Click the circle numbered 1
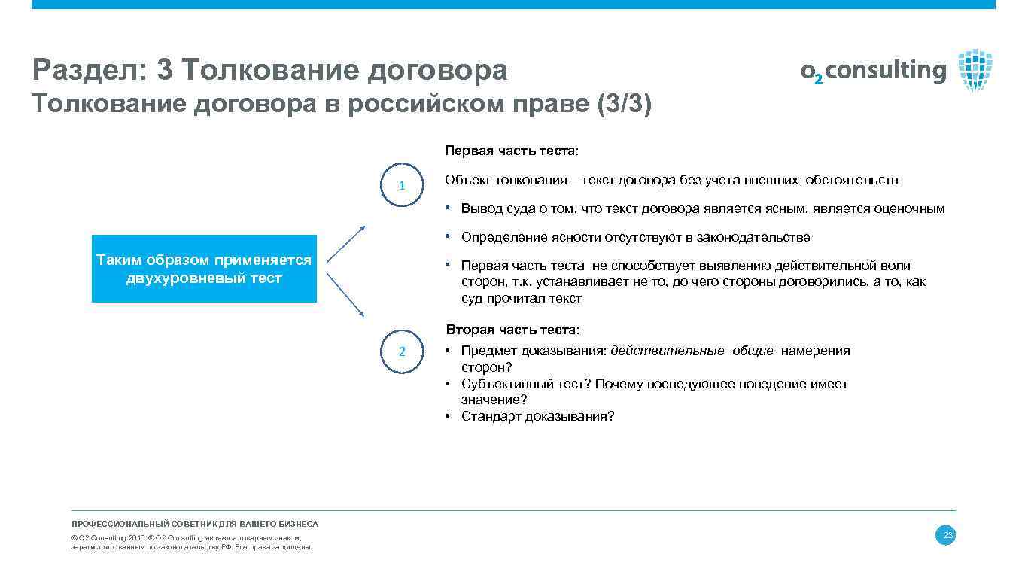pos(402,185)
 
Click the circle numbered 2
pos(402,351)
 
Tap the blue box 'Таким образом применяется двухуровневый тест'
pos(204,269)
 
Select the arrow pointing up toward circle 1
pos(347,243)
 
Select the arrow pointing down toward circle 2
pos(347,294)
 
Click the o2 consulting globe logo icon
pos(975,70)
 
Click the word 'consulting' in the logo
pos(886,71)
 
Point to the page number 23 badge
pos(945,535)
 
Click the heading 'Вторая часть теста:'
pos(512,330)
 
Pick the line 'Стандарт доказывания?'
pos(537,416)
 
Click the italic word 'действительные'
pos(668,351)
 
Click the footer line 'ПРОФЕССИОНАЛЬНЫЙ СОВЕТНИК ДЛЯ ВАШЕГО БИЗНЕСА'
pos(195,524)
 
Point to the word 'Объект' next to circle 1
pos(464,180)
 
